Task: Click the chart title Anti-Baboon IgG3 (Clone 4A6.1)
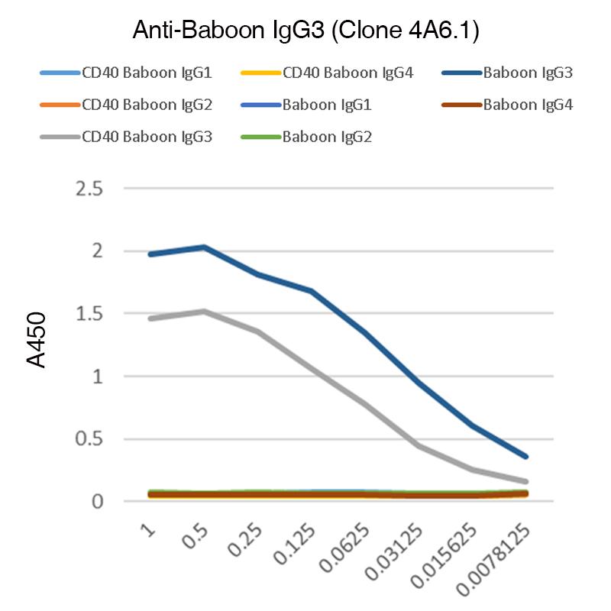coord(305,30)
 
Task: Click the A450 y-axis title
coord(37,340)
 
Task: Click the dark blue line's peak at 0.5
coord(205,247)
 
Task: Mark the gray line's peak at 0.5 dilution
coord(205,311)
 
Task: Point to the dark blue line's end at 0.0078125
coord(526,457)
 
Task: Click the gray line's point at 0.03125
coord(419,445)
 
